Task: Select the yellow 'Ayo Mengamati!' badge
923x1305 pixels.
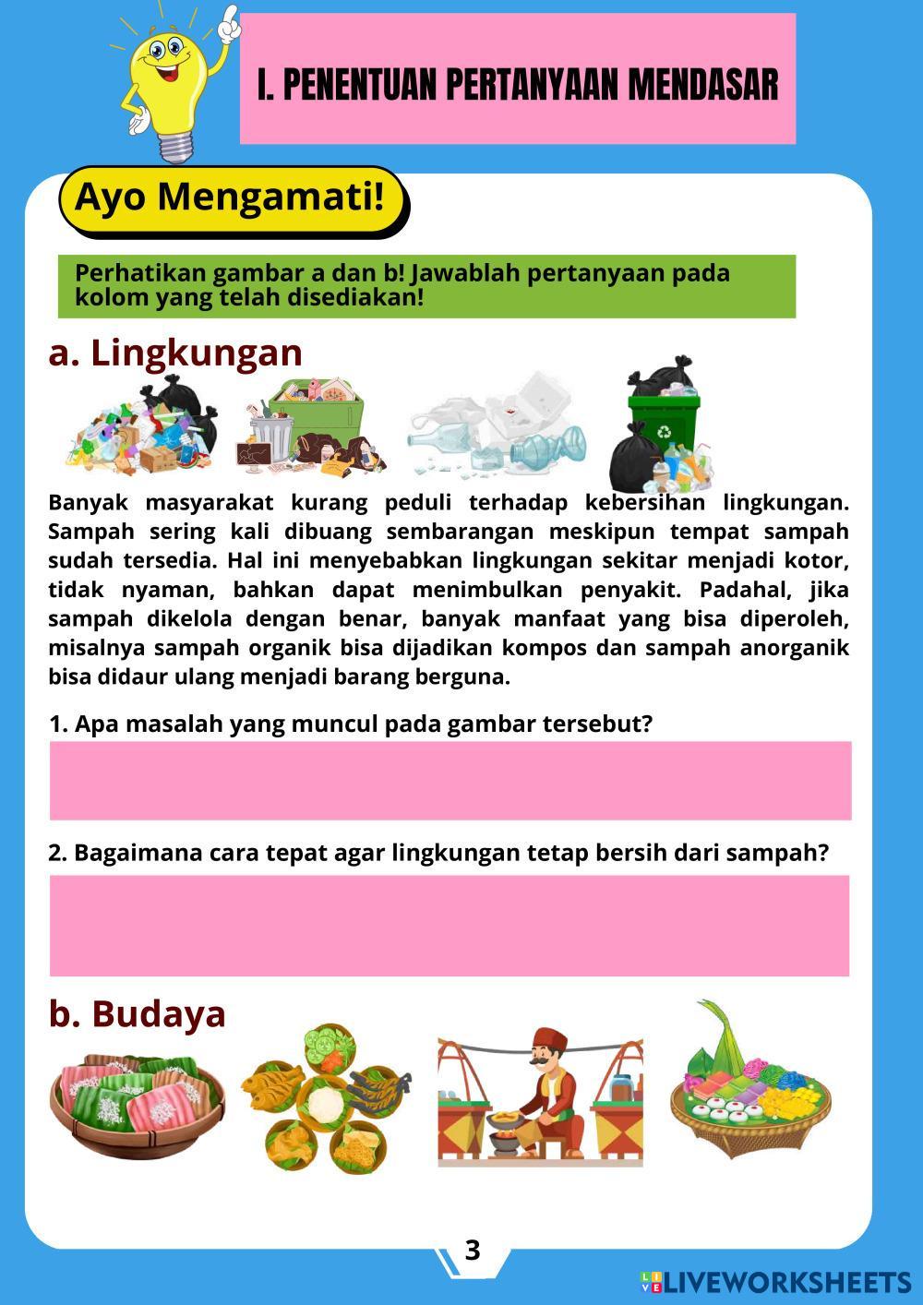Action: [x=230, y=198]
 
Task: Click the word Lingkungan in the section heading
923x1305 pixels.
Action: [x=196, y=353]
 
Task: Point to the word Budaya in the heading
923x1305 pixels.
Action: [x=159, y=1013]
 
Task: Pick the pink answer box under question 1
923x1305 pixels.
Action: [x=450, y=780]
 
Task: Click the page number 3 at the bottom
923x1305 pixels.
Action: [x=473, y=1250]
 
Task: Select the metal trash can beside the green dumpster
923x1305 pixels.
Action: [x=272, y=433]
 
